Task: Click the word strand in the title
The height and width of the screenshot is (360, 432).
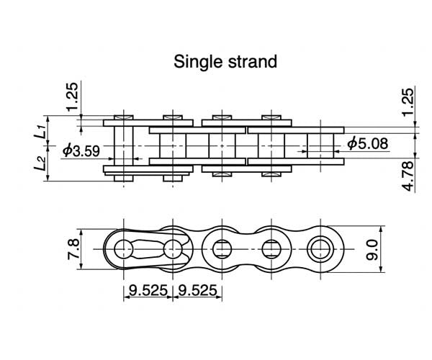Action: tap(251, 61)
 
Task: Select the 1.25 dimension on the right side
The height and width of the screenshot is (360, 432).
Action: tap(408, 102)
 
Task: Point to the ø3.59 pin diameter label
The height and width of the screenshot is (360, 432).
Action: tap(81, 150)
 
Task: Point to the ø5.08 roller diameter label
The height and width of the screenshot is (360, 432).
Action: tap(367, 143)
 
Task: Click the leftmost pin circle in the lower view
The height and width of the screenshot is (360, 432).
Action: tap(123, 250)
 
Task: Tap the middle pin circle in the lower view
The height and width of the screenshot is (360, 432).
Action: tap(221, 250)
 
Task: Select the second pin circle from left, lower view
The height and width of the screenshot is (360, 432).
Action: tap(172, 250)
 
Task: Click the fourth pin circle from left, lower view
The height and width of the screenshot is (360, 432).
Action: tap(270, 250)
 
